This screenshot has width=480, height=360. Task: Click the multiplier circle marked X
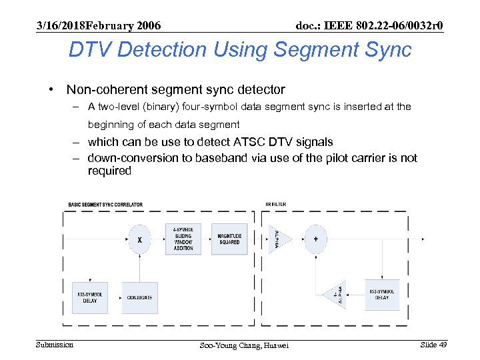[x=139, y=239]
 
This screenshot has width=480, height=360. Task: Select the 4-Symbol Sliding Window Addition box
[x=183, y=239]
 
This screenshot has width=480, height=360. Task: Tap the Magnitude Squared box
[x=230, y=239]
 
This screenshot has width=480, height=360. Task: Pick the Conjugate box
[x=139, y=297]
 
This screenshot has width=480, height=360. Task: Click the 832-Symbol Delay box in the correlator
[x=90, y=297]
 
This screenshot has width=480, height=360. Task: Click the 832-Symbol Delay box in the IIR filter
[x=382, y=294]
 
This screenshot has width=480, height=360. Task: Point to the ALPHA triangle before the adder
[x=275, y=239]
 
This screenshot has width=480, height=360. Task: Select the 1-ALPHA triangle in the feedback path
[x=335, y=294]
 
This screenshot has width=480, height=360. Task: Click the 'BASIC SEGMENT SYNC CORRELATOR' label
[x=105, y=205]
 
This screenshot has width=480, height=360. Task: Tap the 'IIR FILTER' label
[x=275, y=205]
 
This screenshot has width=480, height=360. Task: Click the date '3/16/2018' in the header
[x=61, y=25]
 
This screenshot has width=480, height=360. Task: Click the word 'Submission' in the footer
[x=55, y=344]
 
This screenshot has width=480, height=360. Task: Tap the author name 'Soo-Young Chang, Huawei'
[x=244, y=345]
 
